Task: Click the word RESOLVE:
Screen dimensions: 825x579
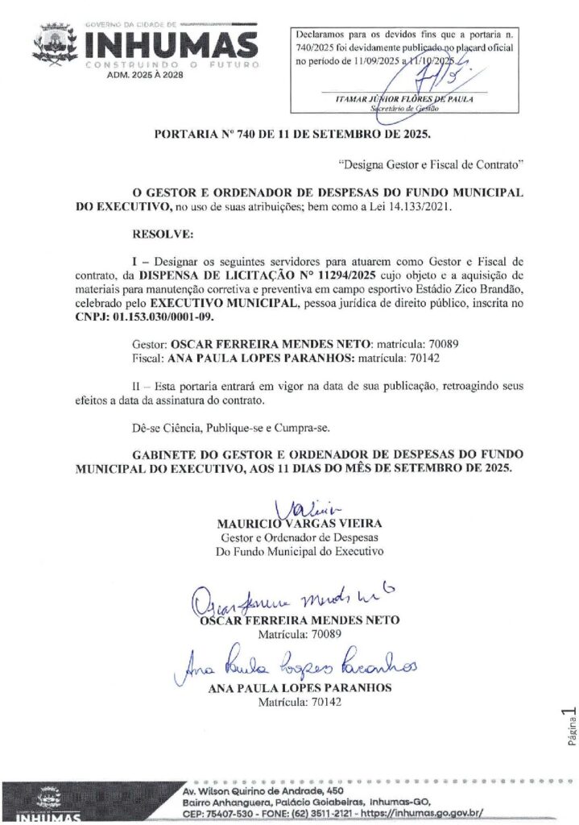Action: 162,234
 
